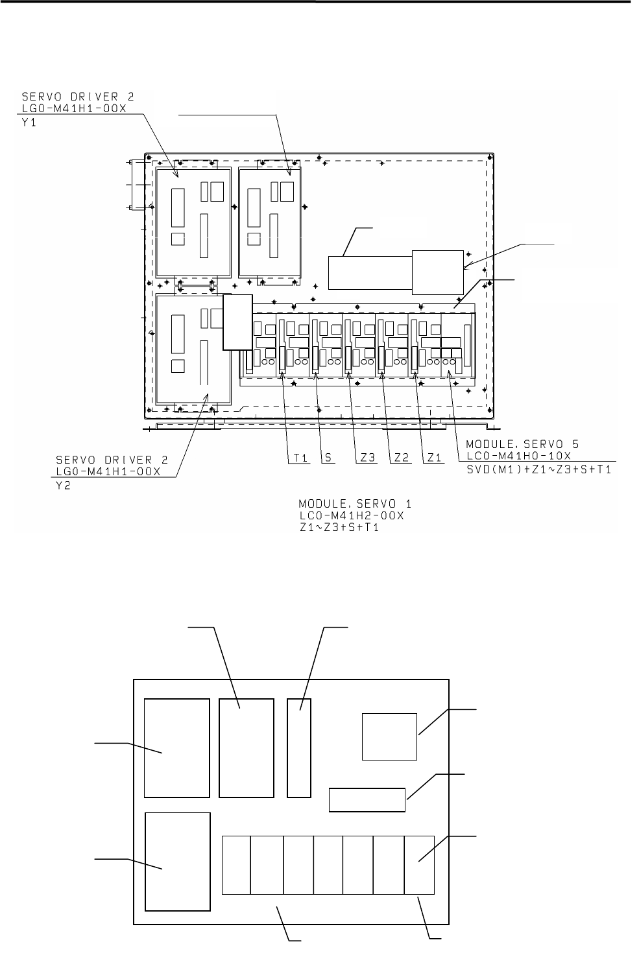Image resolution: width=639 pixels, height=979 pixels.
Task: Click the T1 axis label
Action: coord(301,458)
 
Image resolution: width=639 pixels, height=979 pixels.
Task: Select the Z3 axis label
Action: coord(368,458)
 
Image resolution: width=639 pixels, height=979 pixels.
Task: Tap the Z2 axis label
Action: coord(402,458)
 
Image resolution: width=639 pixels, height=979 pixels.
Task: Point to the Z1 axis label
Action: coord(434,458)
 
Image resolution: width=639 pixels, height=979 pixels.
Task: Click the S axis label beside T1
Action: coord(328,458)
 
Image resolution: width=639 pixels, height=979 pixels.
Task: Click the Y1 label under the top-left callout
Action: coord(29,123)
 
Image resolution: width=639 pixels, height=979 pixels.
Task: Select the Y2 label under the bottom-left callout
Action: coord(63,485)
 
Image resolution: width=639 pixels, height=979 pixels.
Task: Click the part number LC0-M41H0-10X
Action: coord(519,455)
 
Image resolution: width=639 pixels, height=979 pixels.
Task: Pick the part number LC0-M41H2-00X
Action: coord(352,515)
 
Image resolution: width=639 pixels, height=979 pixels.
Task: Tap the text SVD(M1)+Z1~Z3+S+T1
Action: coord(539,470)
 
